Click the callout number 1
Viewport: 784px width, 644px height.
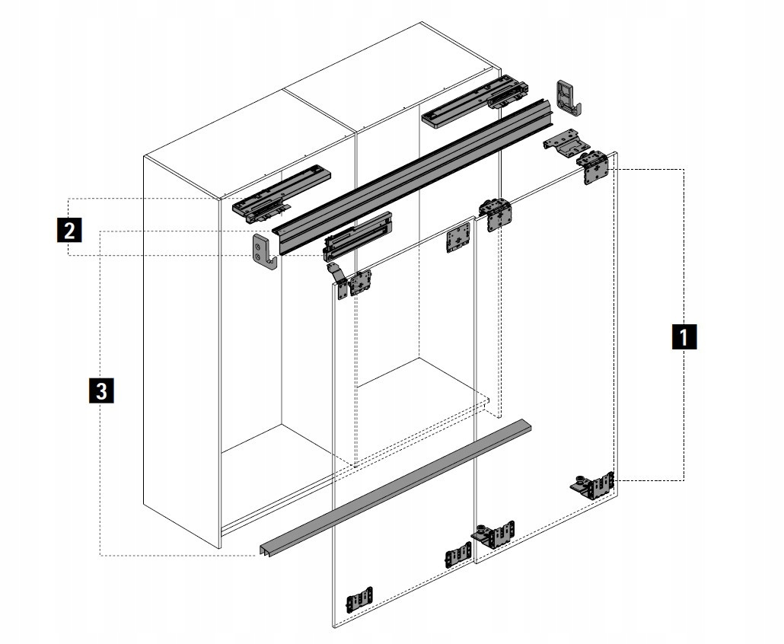tap(684, 336)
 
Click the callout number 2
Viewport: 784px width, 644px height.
tap(69, 228)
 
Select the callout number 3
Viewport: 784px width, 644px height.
tap(102, 391)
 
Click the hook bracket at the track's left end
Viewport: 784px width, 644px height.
tap(263, 253)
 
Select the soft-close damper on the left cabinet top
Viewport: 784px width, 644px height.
tap(283, 194)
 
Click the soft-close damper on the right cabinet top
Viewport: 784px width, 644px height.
tap(473, 98)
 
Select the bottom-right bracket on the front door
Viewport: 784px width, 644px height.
tap(457, 555)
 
